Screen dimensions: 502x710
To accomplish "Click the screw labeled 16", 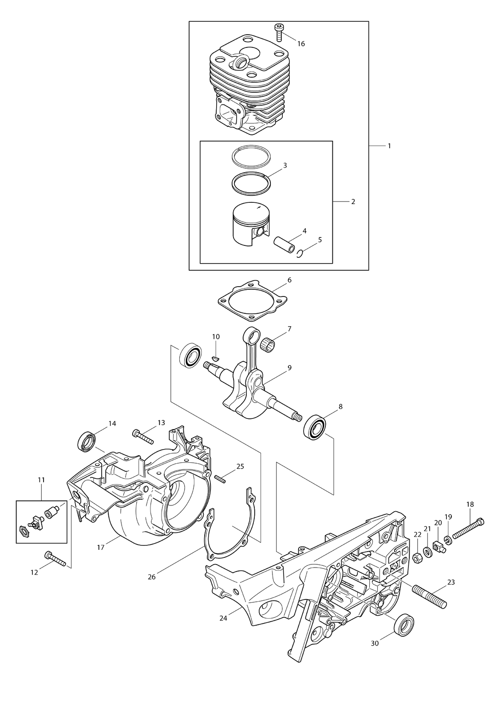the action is (x=278, y=32).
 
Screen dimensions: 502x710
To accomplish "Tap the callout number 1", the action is (x=389, y=146).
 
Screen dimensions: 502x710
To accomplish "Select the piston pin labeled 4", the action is (x=284, y=244).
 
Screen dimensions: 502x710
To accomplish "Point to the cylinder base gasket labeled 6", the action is (x=253, y=301).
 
